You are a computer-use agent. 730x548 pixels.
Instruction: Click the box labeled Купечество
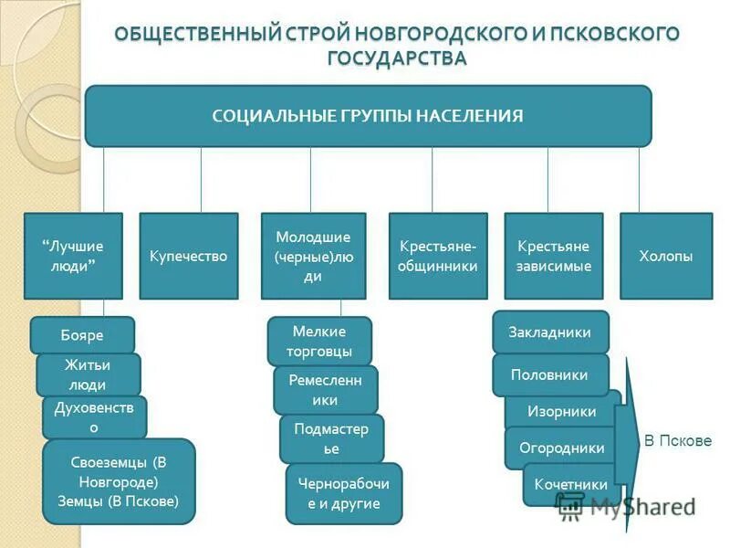(x=188, y=257)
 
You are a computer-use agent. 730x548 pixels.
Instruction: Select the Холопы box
(x=666, y=257)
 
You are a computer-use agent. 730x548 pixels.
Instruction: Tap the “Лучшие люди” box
(x=73, y=257)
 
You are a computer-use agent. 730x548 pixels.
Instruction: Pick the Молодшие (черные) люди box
(x=313, y=257)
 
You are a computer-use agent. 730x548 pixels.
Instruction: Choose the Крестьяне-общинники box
(x=438, y=257)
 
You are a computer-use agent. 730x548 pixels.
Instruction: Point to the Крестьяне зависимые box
(x=553, y=257)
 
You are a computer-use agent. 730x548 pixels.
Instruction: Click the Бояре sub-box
(x=82, y=335)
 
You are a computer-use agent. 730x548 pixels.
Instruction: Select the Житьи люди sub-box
(x=88, y=374)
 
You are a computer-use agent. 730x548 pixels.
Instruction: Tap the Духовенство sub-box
(x=94, y=416)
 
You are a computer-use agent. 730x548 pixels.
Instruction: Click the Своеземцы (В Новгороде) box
(x=119, y=481)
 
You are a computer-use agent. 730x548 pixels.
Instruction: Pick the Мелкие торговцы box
(x=319, y=341)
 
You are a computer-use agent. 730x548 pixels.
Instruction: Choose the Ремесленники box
(x=325, y=390)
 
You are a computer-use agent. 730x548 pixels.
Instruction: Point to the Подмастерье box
(x=331, y=438)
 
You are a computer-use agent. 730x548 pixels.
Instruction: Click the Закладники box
(x=550, y=332)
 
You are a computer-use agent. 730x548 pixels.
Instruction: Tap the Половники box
(x=550, y=374)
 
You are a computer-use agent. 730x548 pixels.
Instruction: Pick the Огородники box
(x=561, y=448)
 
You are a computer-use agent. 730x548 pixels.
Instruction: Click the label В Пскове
(x=678, y=441)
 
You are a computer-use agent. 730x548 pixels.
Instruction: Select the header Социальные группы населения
(x=368, y=116)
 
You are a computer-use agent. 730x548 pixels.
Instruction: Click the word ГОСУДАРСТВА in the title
(x=397, y=58)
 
